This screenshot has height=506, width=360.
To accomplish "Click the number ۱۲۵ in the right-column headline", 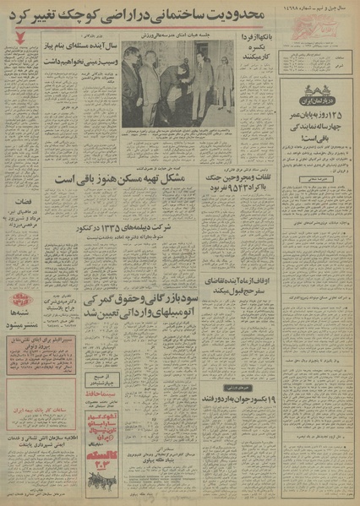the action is tap(335, 150).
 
